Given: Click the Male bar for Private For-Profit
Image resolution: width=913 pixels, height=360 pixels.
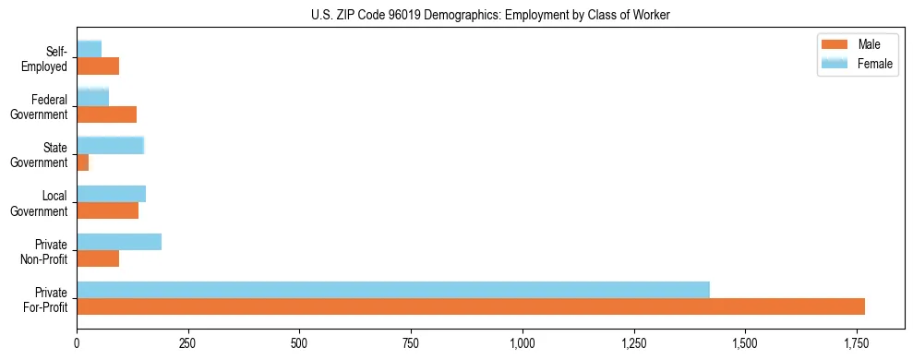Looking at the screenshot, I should [471, 306].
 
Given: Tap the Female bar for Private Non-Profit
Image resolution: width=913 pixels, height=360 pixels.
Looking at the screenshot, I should [119, 242].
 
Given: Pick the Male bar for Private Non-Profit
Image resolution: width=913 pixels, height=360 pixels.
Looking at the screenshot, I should [98, 258].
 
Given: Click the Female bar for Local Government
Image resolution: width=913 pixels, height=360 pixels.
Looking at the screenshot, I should [111, 194].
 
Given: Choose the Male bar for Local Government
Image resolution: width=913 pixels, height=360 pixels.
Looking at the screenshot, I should [107, 210].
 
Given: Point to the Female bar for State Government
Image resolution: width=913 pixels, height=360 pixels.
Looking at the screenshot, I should [110, 145].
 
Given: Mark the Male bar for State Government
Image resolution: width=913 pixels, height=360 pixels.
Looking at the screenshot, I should [83, 162].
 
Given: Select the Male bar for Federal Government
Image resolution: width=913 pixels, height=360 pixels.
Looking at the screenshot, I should [106, 114].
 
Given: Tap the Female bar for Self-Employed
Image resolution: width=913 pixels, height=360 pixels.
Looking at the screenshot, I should [89, 49].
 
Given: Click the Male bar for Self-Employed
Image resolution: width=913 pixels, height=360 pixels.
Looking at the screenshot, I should [98, 66].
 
